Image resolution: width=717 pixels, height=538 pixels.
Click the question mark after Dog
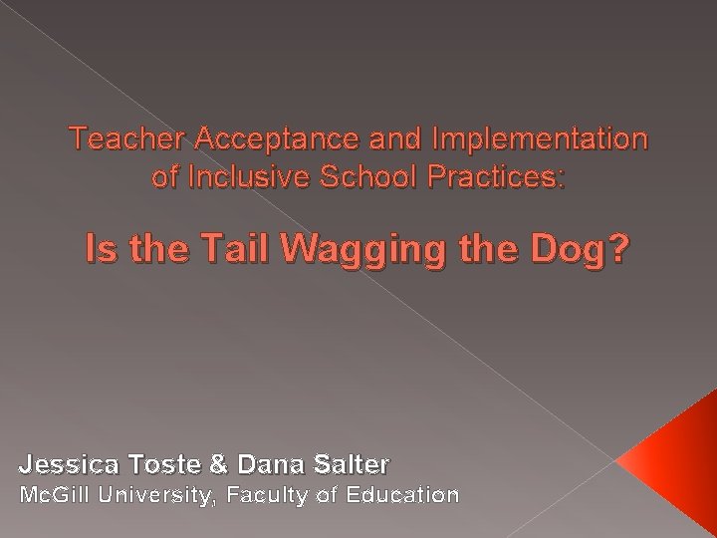[619, 248]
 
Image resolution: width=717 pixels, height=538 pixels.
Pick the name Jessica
[66, 463]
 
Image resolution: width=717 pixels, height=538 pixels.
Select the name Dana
[263, 463]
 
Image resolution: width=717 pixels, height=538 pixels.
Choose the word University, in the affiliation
[156, 495]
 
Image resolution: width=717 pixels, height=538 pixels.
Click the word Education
[402, 494]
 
